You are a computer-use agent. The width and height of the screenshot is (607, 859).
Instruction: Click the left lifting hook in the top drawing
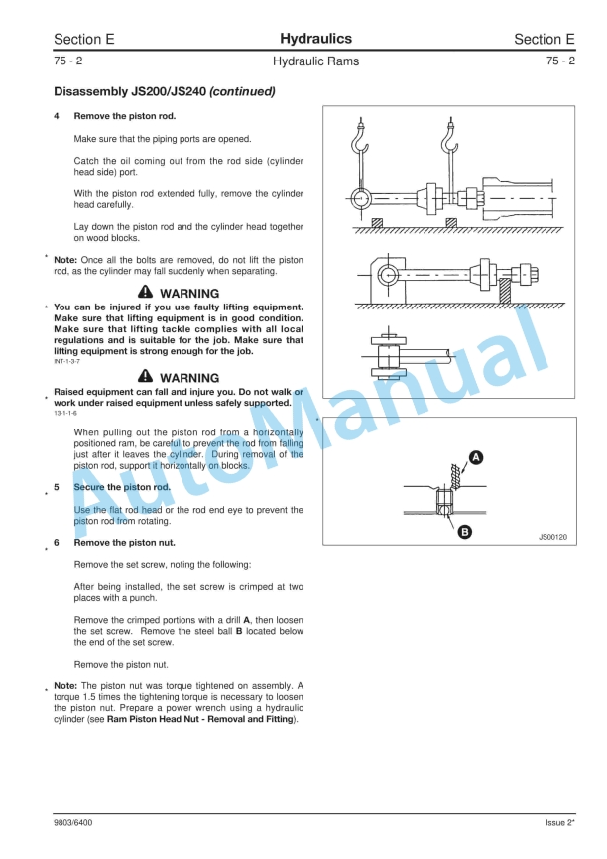pyautogui.click(x=361, y=140)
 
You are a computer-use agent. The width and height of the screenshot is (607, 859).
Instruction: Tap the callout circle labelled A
pyautogui.click(x=476, y=457)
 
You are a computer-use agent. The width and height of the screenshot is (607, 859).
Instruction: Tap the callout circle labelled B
pyautogui.click(x=463, y=532)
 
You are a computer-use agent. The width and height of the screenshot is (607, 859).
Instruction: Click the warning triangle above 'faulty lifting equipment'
pyautogui.click(x=146, y=294)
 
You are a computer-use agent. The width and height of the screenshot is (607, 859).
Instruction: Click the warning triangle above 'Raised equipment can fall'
pyautogui.click(x=146, y=378)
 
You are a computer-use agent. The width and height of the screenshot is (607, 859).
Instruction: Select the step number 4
pyautogui.click(x=57, y=116)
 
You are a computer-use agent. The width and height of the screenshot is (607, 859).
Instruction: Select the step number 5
pyautogui.click(x=57, y=488)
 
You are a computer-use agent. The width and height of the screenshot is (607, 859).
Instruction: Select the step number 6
pyautogui.click(x=57, y=543)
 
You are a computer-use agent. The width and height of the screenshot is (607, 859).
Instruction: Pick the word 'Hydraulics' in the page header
pyautogui.click(x=315, y=39)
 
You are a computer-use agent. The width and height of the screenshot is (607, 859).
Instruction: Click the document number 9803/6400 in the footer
pyautogui.click(x=73, y=822)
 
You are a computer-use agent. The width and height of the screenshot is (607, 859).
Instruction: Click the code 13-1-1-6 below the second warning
pyautogui.click(x=65, y=413)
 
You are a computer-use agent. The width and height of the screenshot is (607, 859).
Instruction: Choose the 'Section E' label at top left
pyautogui.click(x=84, y=40)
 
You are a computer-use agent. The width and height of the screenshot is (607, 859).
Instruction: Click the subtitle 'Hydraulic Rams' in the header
pyautogui.click(x=315, y=61)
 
